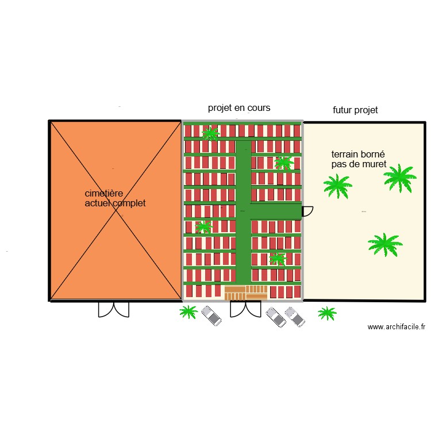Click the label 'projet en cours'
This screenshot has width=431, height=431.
[239, 108]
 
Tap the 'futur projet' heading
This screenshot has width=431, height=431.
[355, 110]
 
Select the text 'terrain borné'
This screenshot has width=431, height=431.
[353, 155]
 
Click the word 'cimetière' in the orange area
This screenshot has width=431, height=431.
[104, 194]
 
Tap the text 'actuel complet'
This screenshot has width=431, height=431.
[115, 203]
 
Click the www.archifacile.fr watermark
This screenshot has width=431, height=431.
[397, 327]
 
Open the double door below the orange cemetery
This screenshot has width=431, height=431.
[113, 309]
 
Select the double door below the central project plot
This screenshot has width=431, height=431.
[245, 309]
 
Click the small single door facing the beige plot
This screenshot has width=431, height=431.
[307, 211]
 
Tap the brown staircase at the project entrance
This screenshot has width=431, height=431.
[245, 293]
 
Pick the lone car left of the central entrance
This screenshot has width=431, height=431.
[211, 315]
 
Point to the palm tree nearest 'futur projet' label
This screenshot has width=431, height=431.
[399, 178]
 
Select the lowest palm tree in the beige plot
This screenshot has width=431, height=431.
[384, 244]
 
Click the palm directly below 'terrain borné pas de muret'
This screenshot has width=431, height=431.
[337, 186]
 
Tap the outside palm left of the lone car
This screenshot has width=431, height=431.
[188, 312]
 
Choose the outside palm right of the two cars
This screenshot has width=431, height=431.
[327, 313]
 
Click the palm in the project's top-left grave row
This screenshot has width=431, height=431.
[211, 134]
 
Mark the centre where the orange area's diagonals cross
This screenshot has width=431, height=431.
[116, 210]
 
